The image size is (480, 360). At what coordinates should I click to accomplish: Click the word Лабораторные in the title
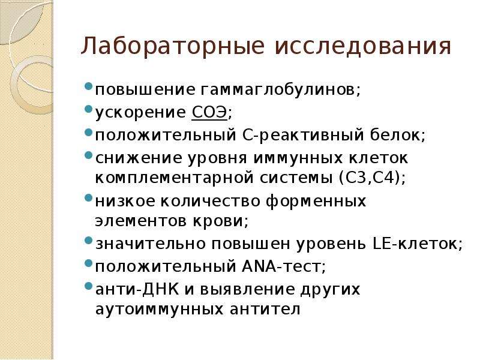(x=173, y=46)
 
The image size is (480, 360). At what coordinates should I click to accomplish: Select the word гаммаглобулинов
(x=278, y=89)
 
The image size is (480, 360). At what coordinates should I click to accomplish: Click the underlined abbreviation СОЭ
(x=209, y=112)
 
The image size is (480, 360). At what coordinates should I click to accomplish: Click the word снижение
(x=139, y=158)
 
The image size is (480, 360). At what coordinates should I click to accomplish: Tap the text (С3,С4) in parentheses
(x=369, y=178)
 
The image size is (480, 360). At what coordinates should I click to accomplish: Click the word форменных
(x=316, y=202)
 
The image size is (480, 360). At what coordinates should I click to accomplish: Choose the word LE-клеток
(x=415, y=244)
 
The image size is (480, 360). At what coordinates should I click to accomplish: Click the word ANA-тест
(x=281, y=266)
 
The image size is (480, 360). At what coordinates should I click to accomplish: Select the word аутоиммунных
(x=159, y=309)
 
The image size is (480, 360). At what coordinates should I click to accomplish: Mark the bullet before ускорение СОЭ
(x=88, y=109)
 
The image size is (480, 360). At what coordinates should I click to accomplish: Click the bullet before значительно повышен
(x=88, y=240)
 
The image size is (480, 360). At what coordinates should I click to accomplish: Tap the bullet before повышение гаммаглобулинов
(x=88, y=86)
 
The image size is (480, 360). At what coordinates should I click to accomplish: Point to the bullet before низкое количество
(x=88, y=197)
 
